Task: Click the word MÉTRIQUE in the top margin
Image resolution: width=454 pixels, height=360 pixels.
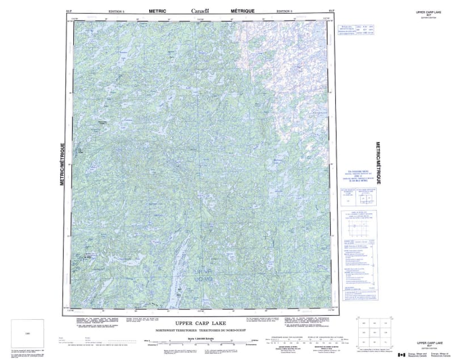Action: click(x=243, y=10)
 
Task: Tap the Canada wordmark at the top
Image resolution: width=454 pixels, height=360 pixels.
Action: click(x=200, y=10)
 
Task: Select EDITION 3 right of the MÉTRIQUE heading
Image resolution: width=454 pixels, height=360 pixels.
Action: click(x=284, y=11)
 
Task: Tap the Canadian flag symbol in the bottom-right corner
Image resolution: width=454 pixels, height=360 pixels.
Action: click(x=402, y=354)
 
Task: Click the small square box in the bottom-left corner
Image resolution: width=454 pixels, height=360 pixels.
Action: click(x=27, y=332)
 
